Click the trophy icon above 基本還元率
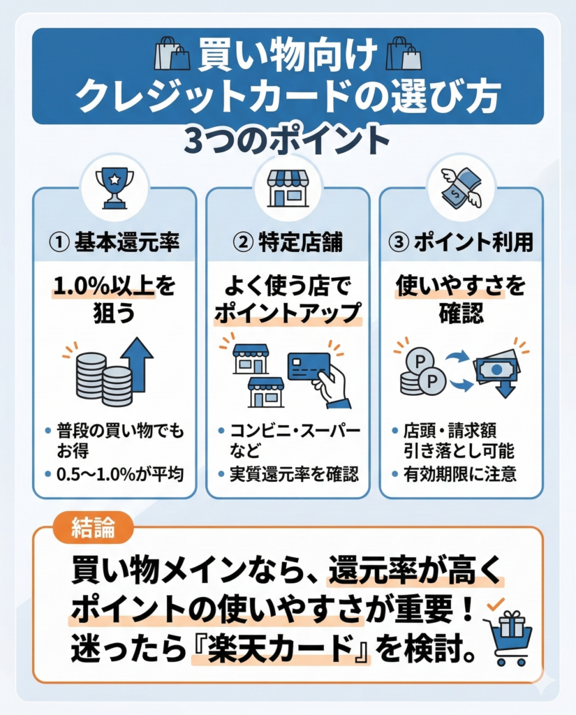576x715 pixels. tap(115, 189)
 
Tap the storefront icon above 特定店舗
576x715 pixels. tap(288, 189)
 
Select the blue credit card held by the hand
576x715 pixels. tap(309, 366)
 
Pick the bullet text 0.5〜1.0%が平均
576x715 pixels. tap(120, 474)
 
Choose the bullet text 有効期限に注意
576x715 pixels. tap(459, 474)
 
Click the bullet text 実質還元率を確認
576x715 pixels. tap(294, 474)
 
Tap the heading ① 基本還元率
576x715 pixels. tap(114, 242)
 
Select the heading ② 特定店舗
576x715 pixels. tap(288, 242)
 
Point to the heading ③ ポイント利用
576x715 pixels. tap(461, 242)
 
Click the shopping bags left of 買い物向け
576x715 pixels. tap(172, 53)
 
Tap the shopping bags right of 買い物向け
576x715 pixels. tap(404, 53)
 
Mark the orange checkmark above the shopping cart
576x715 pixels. tap(495, 604)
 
